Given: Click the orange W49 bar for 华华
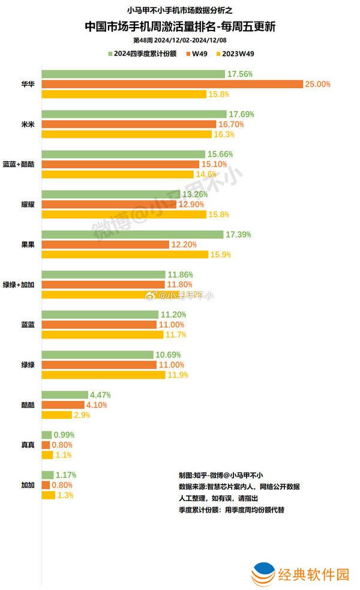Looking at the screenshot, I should coord(172,84).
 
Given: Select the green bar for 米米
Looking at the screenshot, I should coord(134,114).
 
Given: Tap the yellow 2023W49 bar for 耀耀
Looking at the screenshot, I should coord(123,214).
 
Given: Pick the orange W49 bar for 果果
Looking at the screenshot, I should coord(106,244).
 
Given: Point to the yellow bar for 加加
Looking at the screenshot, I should coord(49,495).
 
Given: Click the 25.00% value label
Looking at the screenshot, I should coord(317,84).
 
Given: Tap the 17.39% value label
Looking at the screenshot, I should coord(239,234).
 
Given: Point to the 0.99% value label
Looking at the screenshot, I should coord(64,435).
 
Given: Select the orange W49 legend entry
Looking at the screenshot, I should coord(200,53).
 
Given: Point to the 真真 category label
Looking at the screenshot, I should coord(27,445).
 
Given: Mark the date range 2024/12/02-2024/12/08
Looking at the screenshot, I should coord(190,40).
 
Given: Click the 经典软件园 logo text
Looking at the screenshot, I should coord(313,574).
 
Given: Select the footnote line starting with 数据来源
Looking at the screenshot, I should coord(239,486).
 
